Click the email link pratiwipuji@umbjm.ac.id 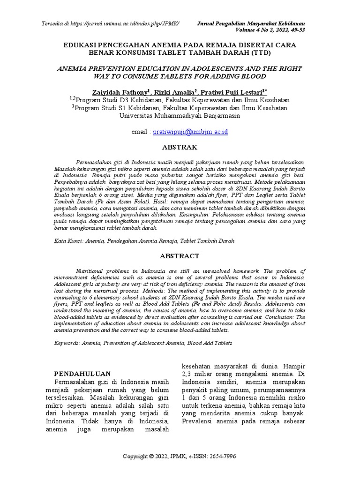pyautogui.click(x=190, y=132)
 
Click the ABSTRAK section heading pyautogui.click(x=180, y=147)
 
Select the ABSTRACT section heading pyautogui.click(x=180, y=256)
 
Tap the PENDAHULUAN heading pyautogui.click(x=82, y=374)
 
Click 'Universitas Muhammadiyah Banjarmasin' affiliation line pyautogui.click(x=180, y=116)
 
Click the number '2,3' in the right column pyautogui.click(x=187, y=374)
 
